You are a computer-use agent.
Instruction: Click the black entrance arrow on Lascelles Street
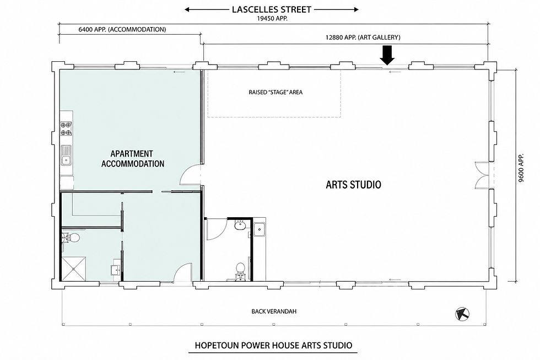pos(387,55)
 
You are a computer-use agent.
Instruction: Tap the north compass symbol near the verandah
pos(462,314)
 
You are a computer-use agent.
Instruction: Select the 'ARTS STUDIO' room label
pos(353,185)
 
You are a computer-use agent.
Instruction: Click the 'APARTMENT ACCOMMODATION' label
pos(133,158)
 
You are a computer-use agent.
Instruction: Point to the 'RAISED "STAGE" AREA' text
pos(276,92)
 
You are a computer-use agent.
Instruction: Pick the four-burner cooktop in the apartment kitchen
pos(66,128)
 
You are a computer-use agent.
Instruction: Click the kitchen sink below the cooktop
pos(66,155)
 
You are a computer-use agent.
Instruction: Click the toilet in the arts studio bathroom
pos(240,271)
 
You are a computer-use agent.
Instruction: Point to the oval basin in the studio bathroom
pos(240,226)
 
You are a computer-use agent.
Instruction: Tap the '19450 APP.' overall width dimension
pos(272,19)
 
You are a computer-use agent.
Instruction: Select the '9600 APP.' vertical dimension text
pos(521,168)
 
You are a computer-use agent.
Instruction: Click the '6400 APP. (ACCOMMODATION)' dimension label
pos(122,29)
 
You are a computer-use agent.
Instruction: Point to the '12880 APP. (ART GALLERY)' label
pos(363,37)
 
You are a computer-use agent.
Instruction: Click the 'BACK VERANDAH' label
pos(274,311)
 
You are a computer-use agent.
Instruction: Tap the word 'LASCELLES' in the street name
pos(254,9)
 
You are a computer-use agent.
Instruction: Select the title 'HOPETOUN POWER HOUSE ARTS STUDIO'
pos(273,345)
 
